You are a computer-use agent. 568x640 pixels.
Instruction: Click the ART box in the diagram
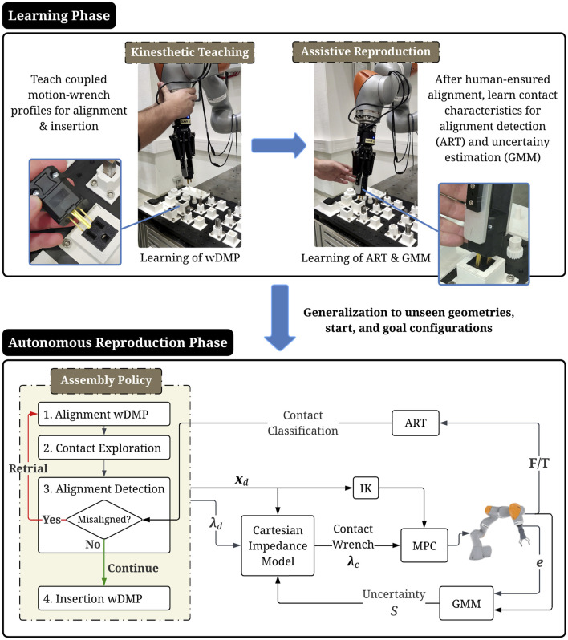pyautogui.click(x=416, y=423)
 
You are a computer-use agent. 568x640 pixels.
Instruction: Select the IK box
pyautogui.click(x=366, y=488)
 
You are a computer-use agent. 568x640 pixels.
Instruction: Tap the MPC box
pyautogui.click(x=424, y=545)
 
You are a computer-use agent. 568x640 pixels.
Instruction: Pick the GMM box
pyautogui.click(x=466, y=603)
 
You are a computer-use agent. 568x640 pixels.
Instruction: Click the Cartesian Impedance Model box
pyautogui.click(x=278, y=545)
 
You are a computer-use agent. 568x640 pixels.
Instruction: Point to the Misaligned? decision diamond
pyautogui.click(x=104, y=519)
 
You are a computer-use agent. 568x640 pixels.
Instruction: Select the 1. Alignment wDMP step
pyautogui.click(x=103, y=414)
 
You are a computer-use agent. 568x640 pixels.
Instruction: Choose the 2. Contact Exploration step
pyautogui.click(x=103, y=448)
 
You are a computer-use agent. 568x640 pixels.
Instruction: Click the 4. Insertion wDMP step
pyautogui.click(x=103, y=598)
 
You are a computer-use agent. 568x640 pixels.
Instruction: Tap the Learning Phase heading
pyautogui.click(x=59, y=15)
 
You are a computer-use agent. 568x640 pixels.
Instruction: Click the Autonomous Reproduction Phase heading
pyautogui.click(x=118, y=342)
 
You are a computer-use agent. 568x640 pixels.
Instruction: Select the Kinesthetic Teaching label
pyautogui.click(x=189, y=52)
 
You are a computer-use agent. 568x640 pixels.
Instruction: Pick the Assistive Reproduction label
pyautogui.click(x=366, y=51)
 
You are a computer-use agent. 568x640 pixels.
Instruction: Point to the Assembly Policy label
pyautogui.click(x=106, y=380)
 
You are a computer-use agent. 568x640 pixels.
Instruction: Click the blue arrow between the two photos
pyautogui.click(x=278, y=145)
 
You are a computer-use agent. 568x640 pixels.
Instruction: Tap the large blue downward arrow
pyautogui.click(x=280, y=318)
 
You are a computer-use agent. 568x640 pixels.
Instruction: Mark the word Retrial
pyautogui.click(x=28, y=468)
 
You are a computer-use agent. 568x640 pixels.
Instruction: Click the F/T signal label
pyautogui.click(x=539, y=463)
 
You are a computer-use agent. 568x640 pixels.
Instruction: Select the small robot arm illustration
pyautogui.click(x=499, y=532)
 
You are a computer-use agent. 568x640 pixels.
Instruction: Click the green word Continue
pyautogui.click(x=133, y=568)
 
